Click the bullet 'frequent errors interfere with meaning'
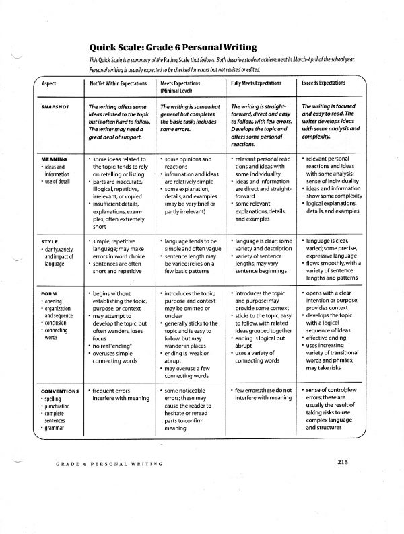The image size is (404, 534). coord(117,394)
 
